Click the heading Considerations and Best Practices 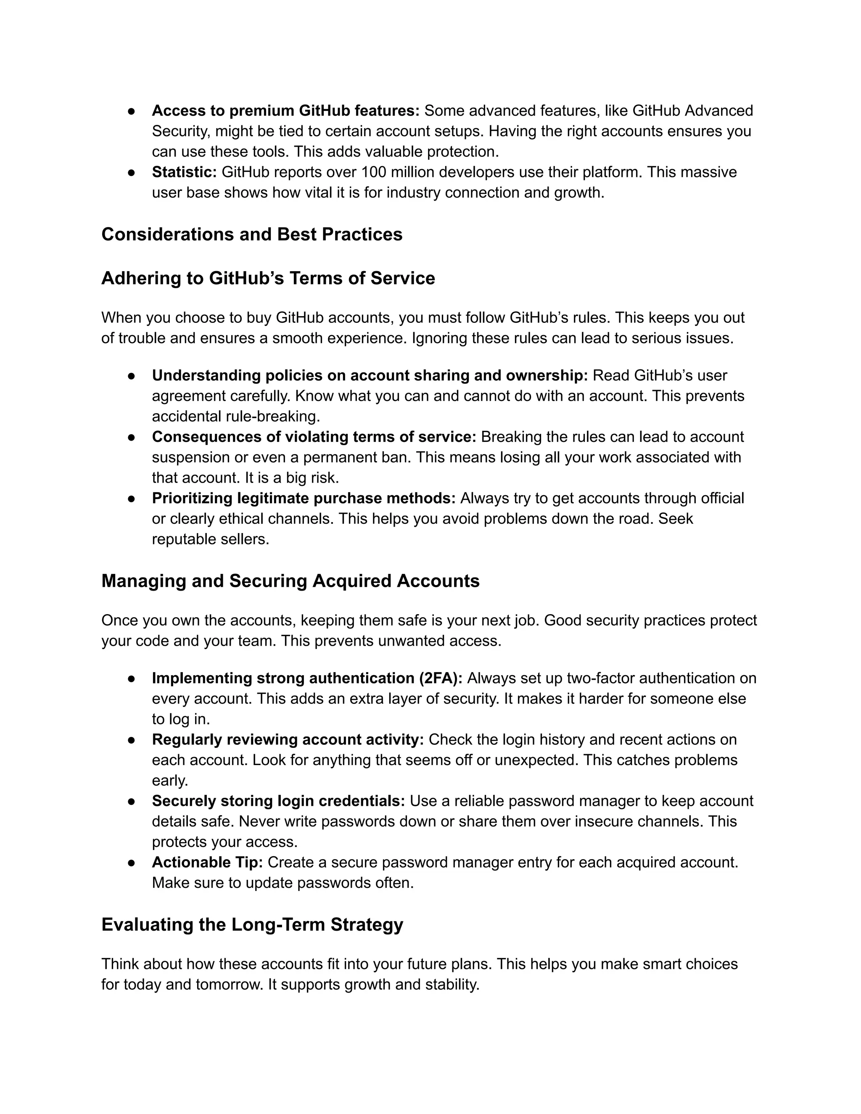[x=251, y=235]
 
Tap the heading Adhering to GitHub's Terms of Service [x=268, y=278]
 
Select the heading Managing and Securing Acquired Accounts [x=290, y=581]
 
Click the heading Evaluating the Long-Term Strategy [x=252, y=924]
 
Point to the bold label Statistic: [x=184, y=172]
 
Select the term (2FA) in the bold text [x=440, y=678]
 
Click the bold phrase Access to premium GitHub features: [x=285, y=111]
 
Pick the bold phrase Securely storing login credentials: [x=278, y=801]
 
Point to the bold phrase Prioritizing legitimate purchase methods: [x=304, y=498]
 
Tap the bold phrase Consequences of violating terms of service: [x=314, y=437]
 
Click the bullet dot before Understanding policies [x=131, y=376]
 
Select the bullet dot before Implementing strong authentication [x=131, y=678]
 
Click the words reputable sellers [x=210, y=539]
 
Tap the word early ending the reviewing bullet [x=169, y=781]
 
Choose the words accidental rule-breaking [x=236, y=417]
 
